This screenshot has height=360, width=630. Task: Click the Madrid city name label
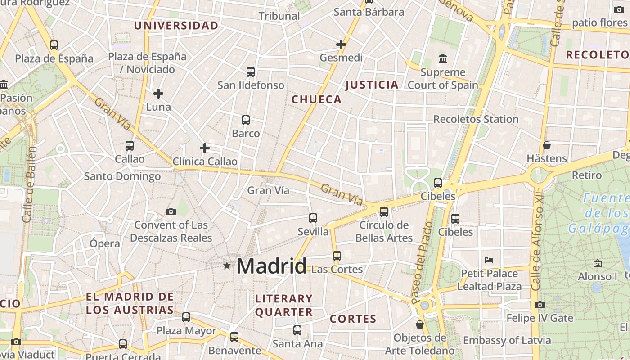point(271,266)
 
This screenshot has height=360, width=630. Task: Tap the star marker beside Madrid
point(227,266)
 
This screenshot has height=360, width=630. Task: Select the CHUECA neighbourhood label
point(317,99)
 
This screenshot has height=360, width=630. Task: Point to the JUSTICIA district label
point(372,85)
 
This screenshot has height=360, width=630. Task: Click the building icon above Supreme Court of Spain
point(442,59)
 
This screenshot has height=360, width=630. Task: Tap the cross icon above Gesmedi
point(341,45)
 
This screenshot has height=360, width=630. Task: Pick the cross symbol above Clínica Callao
point(205,148)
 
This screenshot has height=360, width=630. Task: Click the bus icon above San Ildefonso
point(251,72)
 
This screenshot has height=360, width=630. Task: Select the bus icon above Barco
point(246,120)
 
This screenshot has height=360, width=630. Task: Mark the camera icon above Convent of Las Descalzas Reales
point(171,211)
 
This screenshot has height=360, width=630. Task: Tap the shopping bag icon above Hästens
point(547,145)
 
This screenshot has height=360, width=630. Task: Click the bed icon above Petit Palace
point(489,260)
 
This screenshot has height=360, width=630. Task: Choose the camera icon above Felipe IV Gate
point(540,305)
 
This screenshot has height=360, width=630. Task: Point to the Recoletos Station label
point(476,119)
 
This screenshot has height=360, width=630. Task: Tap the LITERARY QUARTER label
point(283,305)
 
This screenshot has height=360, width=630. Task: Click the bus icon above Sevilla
point(313,218)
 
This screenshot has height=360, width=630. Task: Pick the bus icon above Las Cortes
point(337,256)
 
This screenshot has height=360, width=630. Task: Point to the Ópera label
point(105,243)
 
